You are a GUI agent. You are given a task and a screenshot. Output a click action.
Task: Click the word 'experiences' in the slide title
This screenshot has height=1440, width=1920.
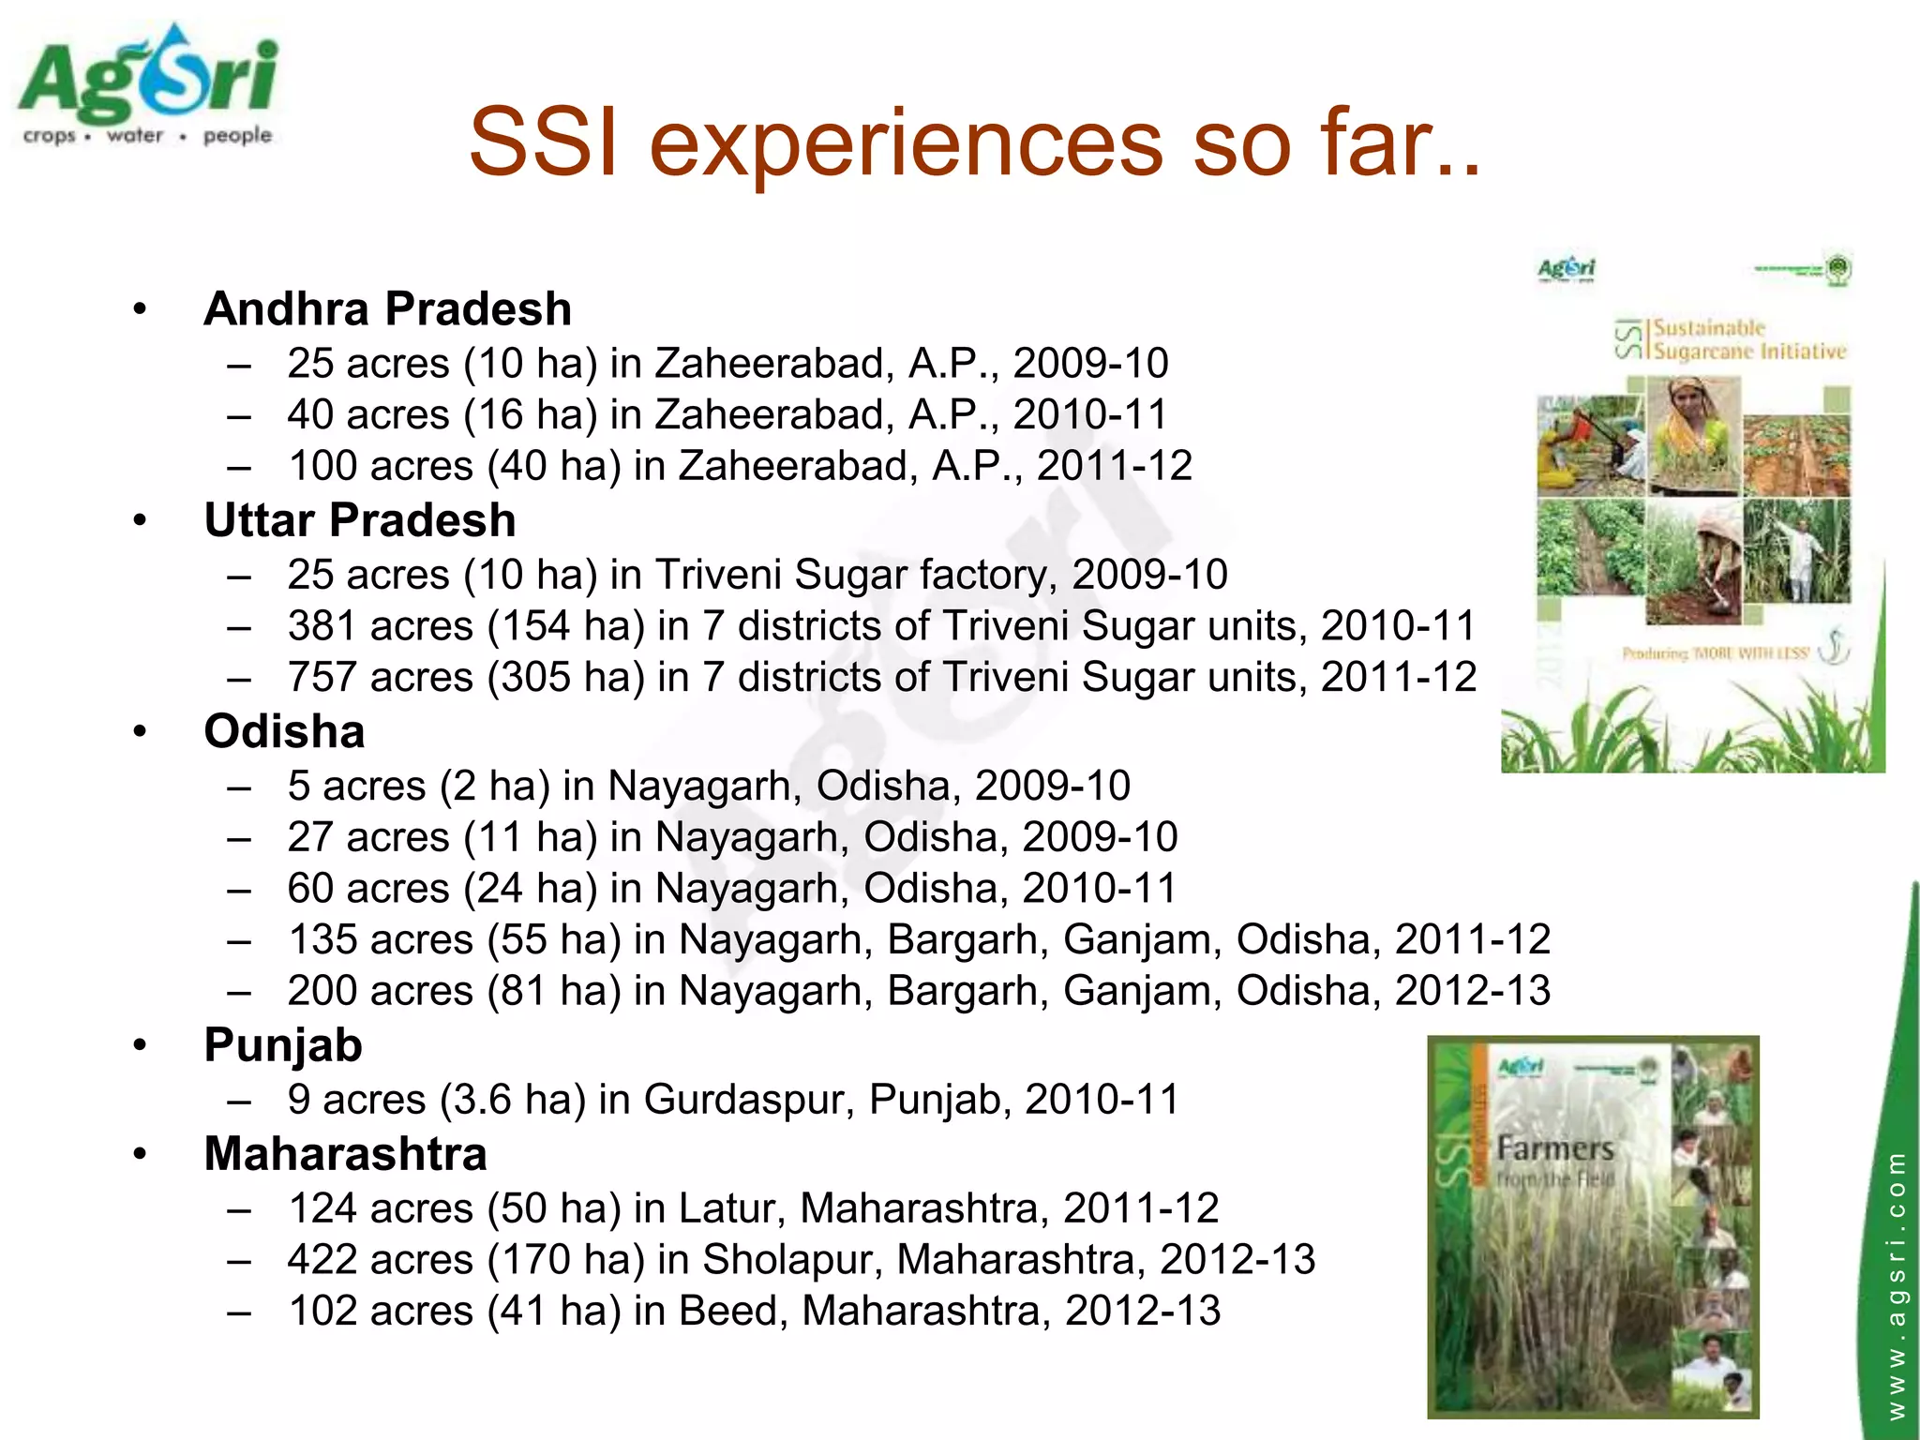906,142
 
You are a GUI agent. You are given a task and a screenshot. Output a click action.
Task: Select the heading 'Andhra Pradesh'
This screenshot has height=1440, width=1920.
387,309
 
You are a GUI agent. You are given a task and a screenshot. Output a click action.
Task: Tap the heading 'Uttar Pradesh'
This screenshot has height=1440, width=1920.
360,520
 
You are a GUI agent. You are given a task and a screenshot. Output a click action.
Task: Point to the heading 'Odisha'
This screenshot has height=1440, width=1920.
284,731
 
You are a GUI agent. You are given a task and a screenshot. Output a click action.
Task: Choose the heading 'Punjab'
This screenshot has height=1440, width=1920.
283,1045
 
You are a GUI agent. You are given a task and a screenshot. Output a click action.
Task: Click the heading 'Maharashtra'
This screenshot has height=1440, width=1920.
345,1154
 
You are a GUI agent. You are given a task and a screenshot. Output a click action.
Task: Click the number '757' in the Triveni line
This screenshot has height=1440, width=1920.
322,677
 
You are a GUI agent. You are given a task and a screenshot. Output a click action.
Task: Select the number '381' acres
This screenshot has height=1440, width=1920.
322,626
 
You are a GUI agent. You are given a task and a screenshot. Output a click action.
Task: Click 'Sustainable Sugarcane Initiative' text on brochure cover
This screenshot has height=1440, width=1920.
1747,339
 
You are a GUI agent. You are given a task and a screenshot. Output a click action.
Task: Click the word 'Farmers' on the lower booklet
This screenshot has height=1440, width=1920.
1554,1148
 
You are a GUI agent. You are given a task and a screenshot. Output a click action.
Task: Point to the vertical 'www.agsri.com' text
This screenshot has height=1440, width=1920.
1896,1284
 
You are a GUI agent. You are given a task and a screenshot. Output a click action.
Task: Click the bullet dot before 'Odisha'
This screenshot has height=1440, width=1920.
141,731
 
